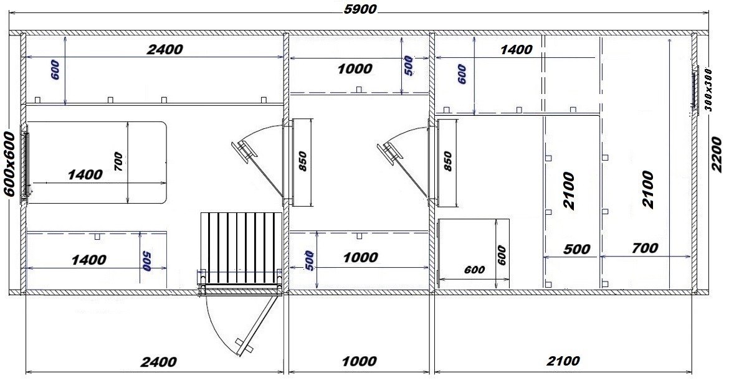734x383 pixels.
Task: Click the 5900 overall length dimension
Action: [360, 9]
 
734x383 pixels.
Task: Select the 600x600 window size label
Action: [9, 163]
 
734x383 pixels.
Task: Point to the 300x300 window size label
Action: [708, 89]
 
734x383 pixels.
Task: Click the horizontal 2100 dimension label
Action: [563, 361]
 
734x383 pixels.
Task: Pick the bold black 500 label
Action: [576, 248]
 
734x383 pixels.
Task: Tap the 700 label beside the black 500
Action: [645, 248]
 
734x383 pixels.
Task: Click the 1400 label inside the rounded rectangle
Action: [85, 175]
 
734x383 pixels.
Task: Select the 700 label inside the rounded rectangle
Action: [118, 161]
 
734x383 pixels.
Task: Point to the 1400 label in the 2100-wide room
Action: [517, 50]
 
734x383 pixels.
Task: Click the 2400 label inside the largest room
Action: [164, 49]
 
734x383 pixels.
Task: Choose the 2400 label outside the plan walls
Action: [159, 361]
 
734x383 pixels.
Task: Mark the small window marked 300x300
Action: [695, 88]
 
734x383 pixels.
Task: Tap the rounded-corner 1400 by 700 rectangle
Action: [97, 163]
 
